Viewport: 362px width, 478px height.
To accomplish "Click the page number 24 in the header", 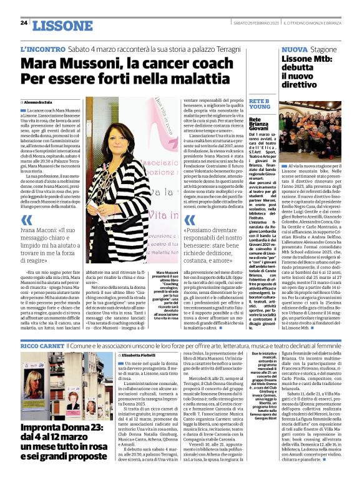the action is click(x=24, y=23).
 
